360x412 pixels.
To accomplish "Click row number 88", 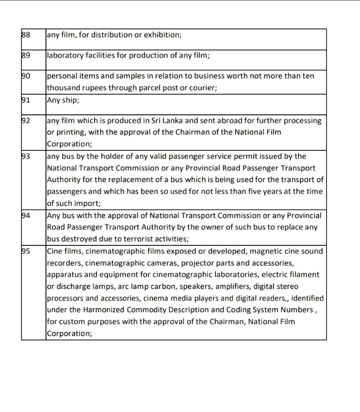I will (x=26, y=35).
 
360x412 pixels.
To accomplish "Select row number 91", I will (x=26, y=100).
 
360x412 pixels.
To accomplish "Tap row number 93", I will (x=26, y=156).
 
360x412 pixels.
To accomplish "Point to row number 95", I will (x=26, y=251).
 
